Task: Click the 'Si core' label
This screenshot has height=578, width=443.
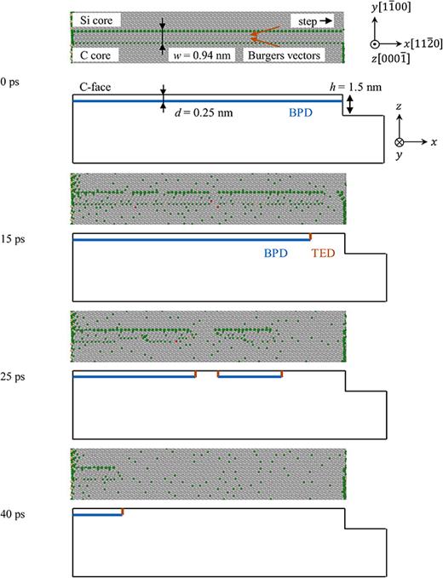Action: point(95,20)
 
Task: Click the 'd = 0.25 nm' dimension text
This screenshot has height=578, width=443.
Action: point(204,112)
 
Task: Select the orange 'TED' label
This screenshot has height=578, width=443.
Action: point(325,253)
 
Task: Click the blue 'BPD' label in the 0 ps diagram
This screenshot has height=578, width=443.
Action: point(303,111)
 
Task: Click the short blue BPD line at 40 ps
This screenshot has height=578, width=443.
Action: point(97,515)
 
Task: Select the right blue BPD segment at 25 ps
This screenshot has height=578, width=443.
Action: point(249,375)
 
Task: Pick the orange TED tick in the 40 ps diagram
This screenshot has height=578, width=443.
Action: point(123,512)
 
